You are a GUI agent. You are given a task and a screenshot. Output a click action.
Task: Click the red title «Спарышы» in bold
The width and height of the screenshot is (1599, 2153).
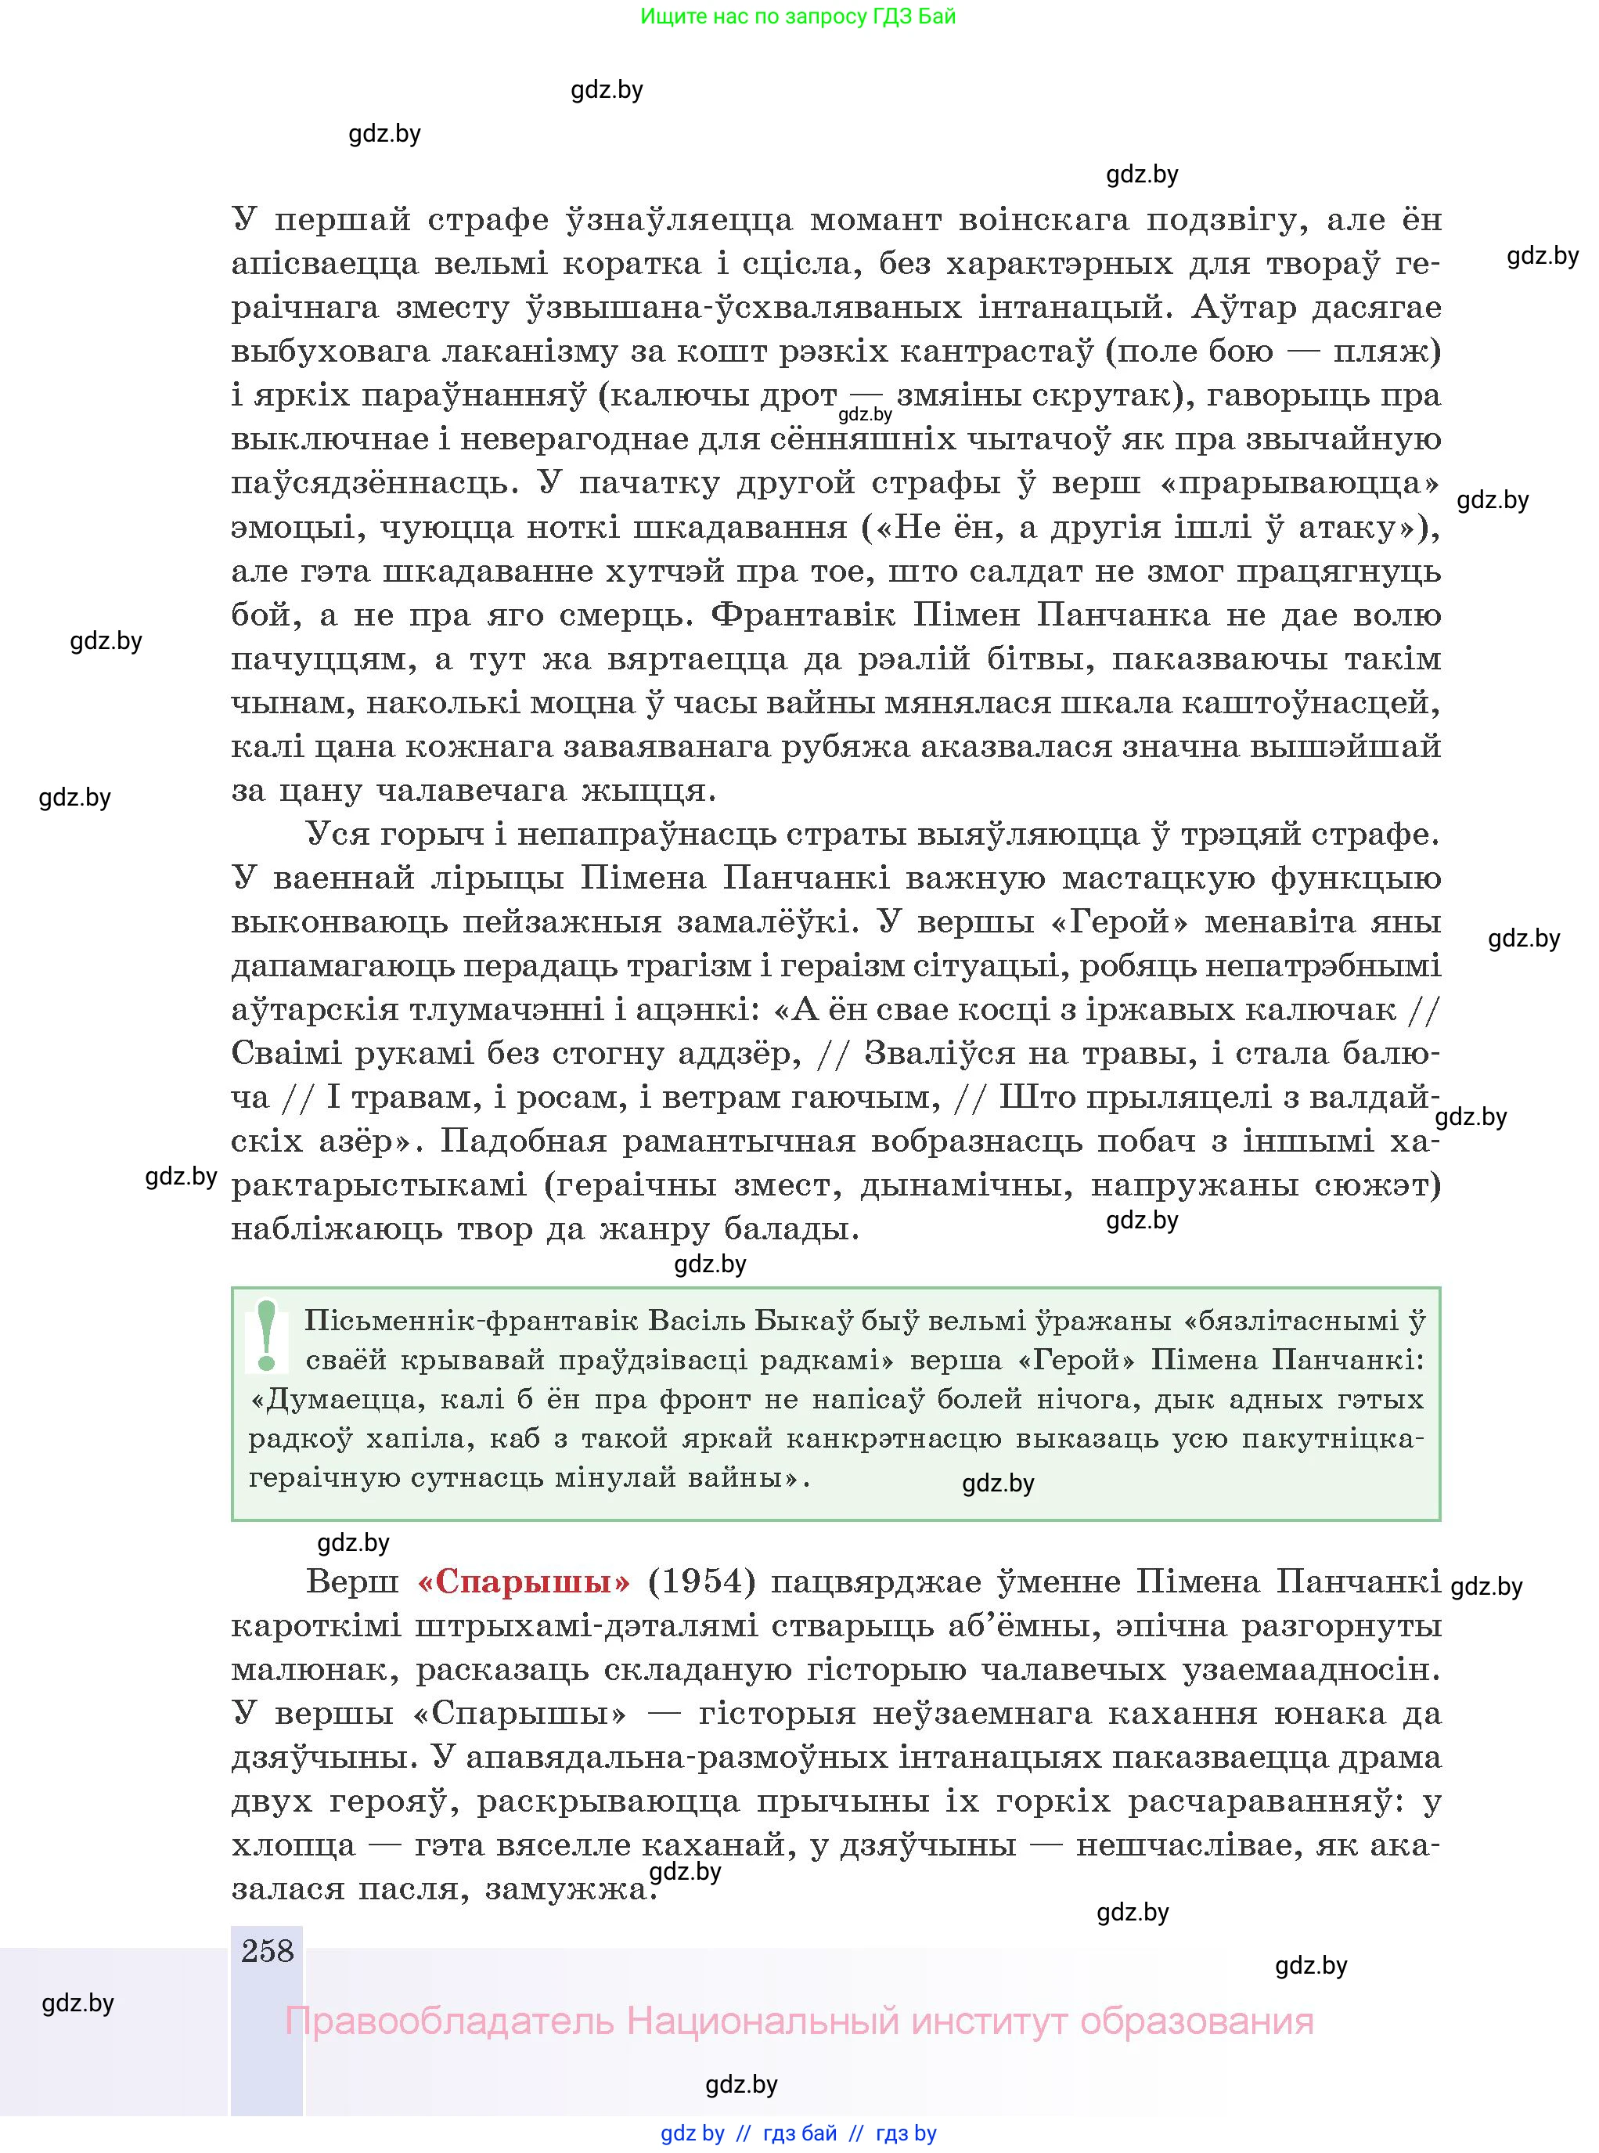tap(524, 1581)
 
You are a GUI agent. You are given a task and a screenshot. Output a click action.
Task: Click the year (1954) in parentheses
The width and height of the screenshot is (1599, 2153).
tap(702, 1581)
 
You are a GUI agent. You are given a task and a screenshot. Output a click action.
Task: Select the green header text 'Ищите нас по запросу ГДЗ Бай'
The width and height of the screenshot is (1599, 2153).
tap(798, 16)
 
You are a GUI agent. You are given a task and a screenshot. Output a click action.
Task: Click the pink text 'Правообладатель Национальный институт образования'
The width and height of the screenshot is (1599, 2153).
tap(798, 2021)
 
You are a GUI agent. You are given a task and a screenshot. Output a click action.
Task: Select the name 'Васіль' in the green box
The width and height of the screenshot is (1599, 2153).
tap(694, 1321)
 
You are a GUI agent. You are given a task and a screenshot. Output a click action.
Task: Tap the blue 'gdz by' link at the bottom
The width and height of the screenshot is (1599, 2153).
tap(692, 2133)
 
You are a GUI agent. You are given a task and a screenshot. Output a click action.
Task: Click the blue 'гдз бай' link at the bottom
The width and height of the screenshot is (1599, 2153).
tap(800, 2133)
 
